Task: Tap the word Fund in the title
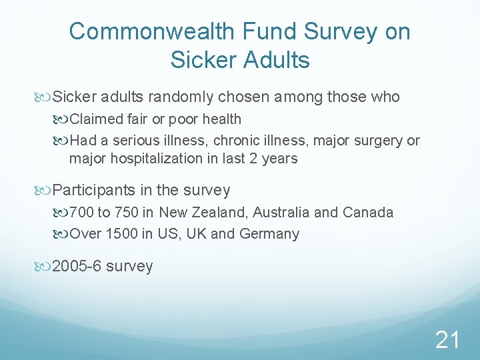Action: click(264, 31)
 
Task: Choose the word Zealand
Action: click(216, 213)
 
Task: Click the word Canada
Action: click(367, 213)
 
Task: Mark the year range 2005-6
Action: click(77, 266)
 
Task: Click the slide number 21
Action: click(447, 341)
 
